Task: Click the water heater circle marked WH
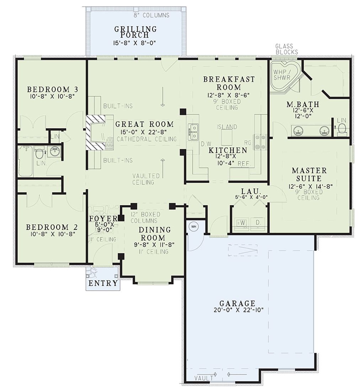click(193, 226)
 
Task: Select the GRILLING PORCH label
click(135, 32)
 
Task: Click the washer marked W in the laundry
click(242, 223)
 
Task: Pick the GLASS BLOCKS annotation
click(287, 49)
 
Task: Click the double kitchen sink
click(193, 132)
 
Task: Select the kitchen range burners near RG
click(260, 142)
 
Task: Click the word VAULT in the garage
click(204, 378)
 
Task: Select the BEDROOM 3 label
click(53, 89)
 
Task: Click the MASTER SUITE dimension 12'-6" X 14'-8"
click(309, 186)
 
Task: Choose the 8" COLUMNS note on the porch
click(151, 15)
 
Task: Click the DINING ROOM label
click(155, 233)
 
